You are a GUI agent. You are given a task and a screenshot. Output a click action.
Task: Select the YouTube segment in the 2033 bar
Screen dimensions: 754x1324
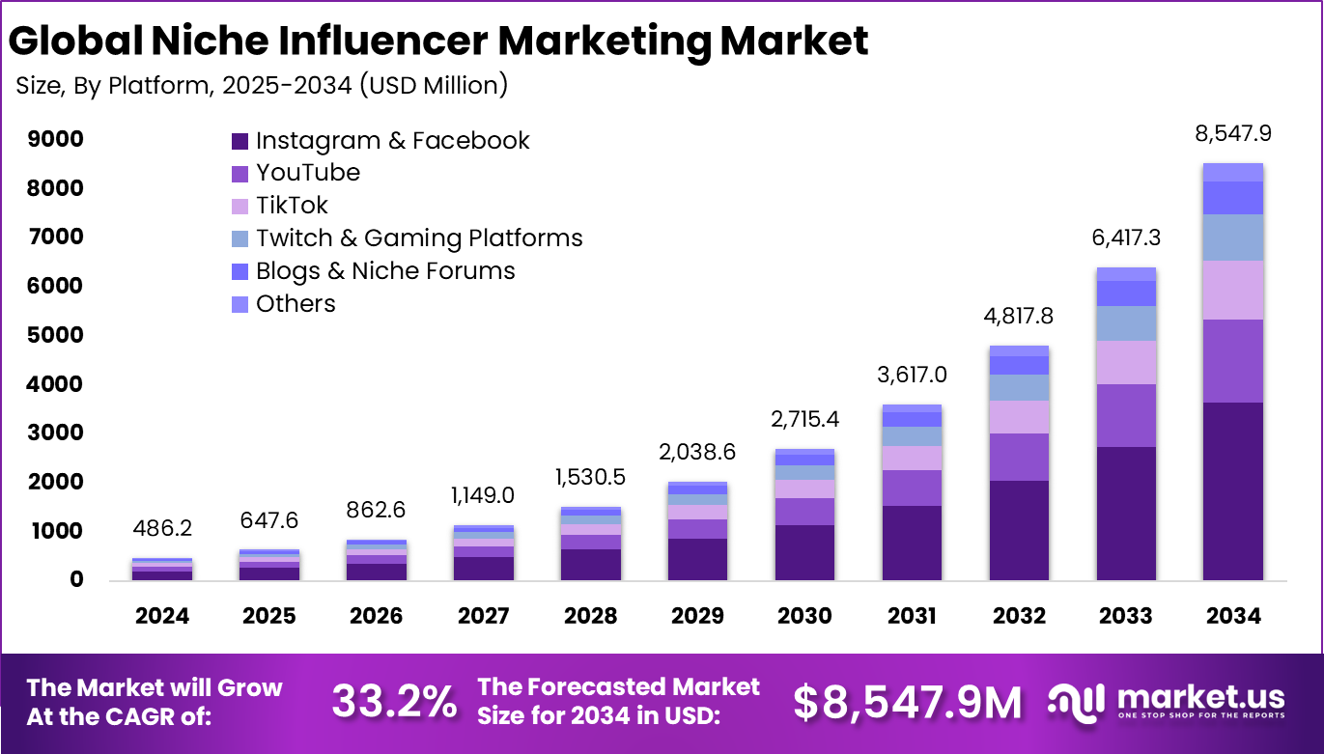1125,415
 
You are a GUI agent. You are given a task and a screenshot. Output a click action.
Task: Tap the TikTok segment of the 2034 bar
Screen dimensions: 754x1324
1233,290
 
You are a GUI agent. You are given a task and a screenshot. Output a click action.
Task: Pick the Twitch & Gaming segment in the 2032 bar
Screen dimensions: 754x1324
1018,387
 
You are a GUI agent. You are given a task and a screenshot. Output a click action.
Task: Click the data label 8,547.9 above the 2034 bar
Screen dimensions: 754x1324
1233,134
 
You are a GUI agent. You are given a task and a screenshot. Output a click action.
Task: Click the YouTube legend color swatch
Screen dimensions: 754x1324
239,174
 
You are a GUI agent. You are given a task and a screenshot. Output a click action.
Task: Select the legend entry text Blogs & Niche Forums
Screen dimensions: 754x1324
385,271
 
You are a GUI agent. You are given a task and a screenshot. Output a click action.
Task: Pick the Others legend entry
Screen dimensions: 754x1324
296,304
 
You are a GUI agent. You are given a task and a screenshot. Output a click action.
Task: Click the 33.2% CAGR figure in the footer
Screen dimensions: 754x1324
394,702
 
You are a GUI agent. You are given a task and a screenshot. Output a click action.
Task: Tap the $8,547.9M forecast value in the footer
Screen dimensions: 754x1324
907,702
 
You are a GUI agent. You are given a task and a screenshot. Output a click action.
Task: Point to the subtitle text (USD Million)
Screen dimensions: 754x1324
434,85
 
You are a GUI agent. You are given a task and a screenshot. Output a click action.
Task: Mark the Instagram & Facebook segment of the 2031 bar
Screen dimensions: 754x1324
911,543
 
